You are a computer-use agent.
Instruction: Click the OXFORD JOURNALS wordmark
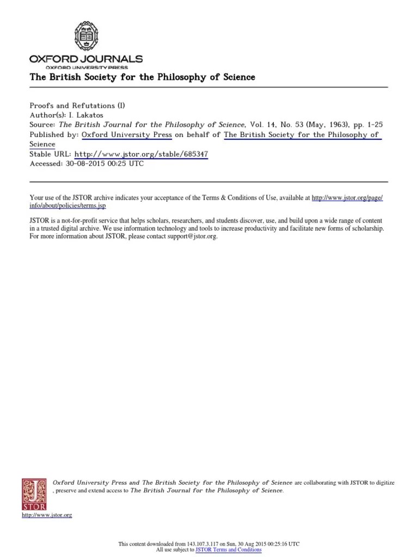(85, 59)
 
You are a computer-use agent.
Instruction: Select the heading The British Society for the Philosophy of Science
(142, 77)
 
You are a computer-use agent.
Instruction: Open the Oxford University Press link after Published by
(127, 135)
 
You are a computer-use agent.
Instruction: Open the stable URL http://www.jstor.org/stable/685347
(140, 154)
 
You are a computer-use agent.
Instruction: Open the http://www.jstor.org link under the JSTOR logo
(47, 515)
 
